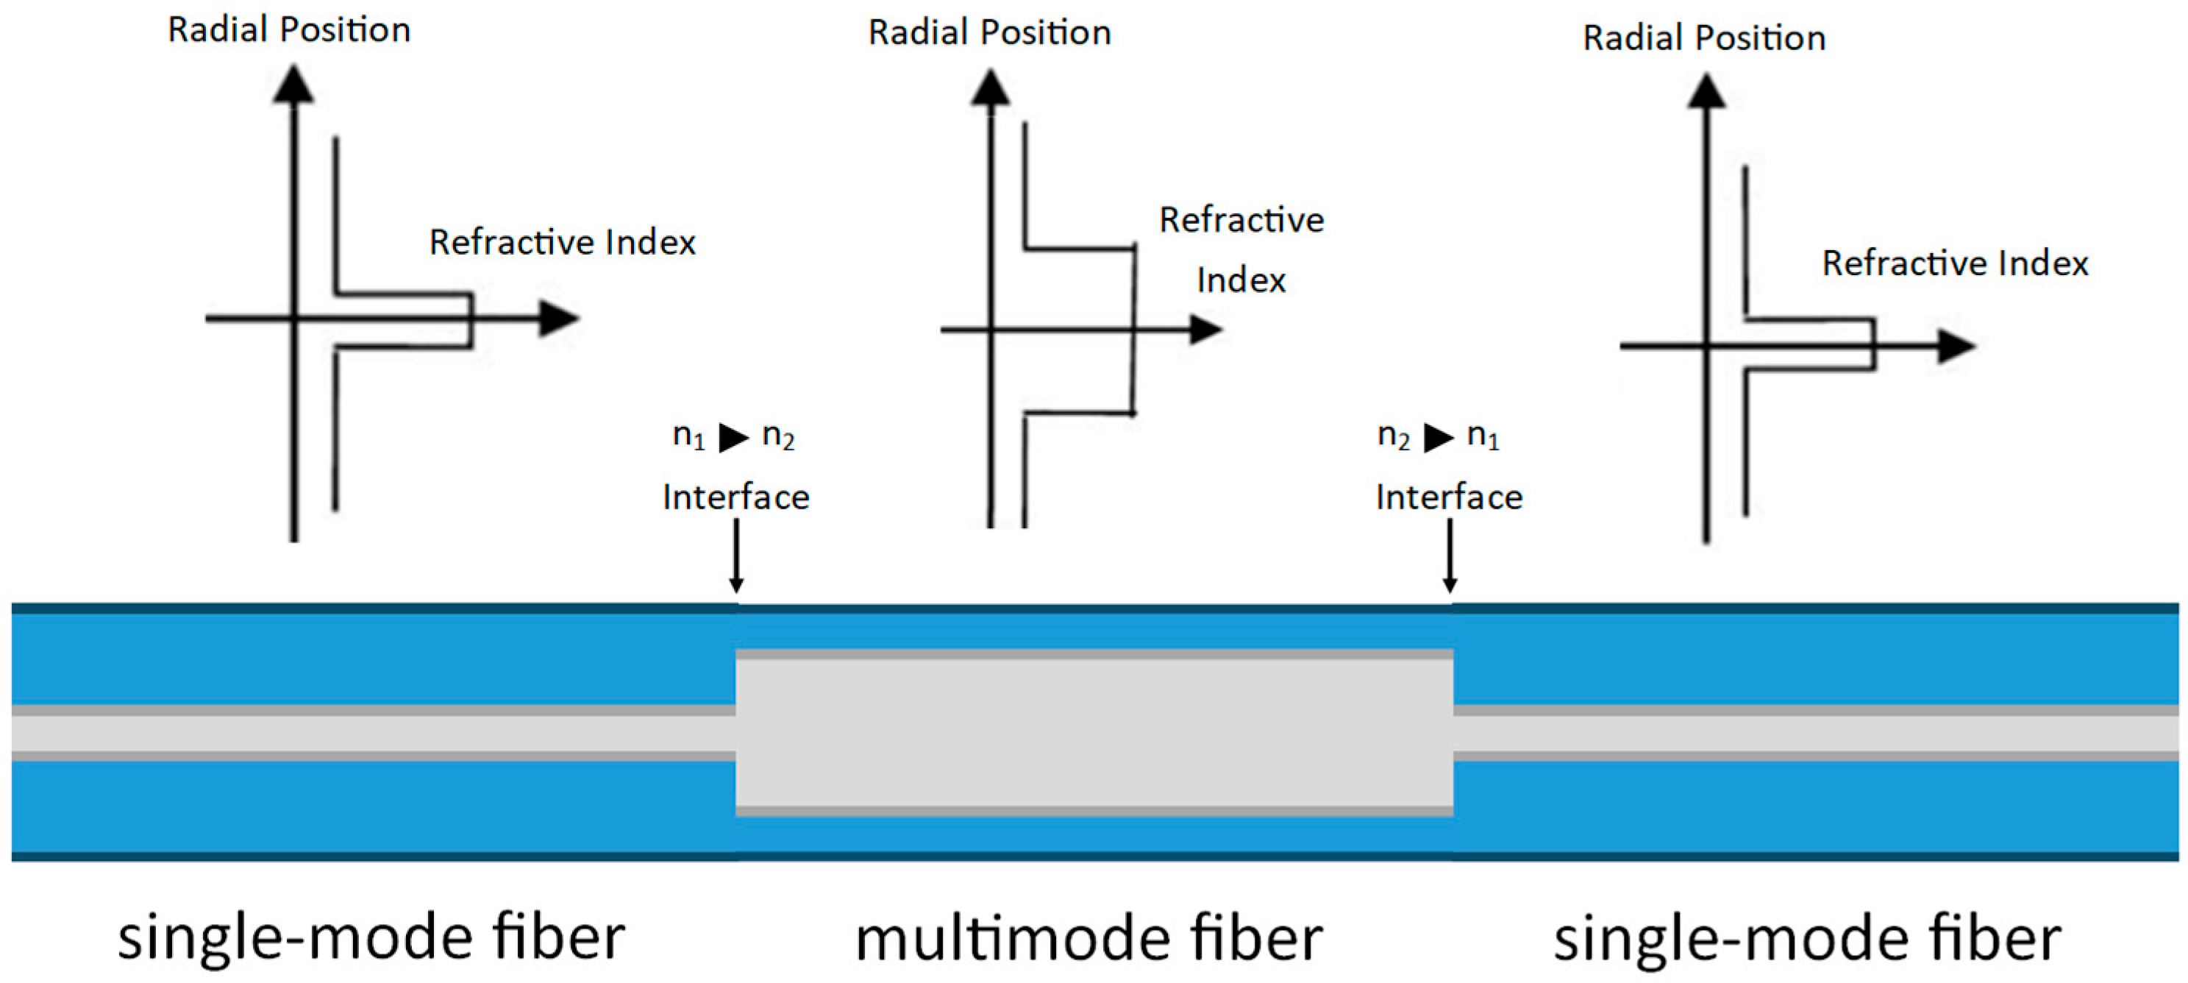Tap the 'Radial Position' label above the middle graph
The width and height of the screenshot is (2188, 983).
pyautogui.click(x=989, y=33)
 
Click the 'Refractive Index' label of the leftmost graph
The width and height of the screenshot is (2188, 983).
pyautogui.click(x=563, y=243)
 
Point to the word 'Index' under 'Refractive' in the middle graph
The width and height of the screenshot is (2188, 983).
pyautogui.click(x=1241, y=280)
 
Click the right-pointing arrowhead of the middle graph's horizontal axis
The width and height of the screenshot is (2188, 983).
pyautogui.click(x=1205, y=329)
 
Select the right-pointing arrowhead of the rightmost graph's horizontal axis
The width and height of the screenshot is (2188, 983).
pyautogui.click(x=1956, y=347)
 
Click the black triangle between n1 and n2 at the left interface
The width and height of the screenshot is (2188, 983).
pyautogui.click(x=733, y=438)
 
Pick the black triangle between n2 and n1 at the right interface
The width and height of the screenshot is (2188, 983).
pyautogui.click(x=1438, y=438)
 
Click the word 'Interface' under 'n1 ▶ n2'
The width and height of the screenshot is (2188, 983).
pyautogui.click(x=735, y=497)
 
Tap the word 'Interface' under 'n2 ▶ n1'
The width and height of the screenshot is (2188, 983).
pyautogui.click(x=1449, y=497)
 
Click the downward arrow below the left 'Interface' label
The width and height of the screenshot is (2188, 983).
pyautogui.click(x=736, y=556)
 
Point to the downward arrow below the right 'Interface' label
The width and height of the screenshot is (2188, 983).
pyautogui.click(x=1450, y=556)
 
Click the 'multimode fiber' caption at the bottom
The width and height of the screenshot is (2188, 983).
pyautogui.click(x=1089, y=939)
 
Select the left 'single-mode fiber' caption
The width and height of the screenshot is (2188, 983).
pyautogui.click(x=371, y=937)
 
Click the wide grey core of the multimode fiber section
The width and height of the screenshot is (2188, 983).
pyautogui.click(x=1094, y=732)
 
